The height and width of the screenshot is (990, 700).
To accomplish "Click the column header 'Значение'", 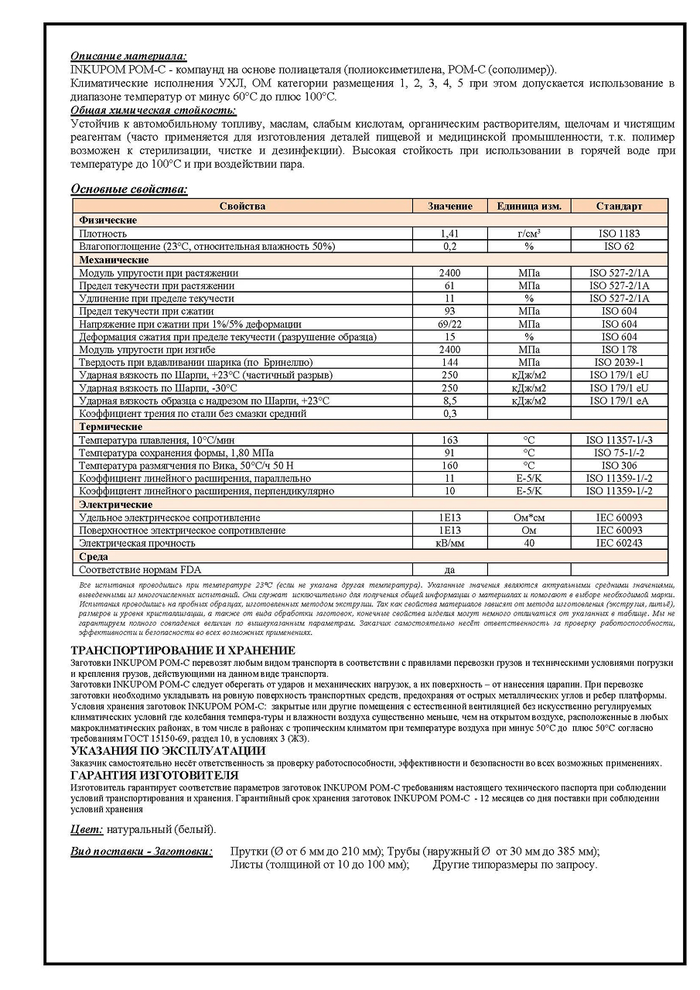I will coord(449,206).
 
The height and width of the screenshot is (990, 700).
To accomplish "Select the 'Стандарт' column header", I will coord(619,206).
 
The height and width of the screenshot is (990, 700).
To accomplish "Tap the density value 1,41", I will coord(449,233).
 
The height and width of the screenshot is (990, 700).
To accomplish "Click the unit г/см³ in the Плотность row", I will coord(529,233).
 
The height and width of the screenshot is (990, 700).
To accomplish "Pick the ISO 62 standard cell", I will coord(619,246).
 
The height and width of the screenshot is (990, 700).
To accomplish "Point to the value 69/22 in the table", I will coord(449,324).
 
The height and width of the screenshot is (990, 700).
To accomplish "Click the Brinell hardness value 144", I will coord(449,362).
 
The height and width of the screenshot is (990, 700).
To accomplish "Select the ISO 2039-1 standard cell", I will coord(619,362).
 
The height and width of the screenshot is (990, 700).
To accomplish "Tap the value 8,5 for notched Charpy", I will coord(449,401).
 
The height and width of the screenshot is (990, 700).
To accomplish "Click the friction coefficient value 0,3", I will coord(449,414).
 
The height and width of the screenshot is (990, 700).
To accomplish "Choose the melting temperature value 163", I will coord(449,440).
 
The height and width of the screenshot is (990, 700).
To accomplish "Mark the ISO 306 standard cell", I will coord(619,466).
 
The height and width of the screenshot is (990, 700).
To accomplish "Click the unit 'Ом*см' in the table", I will coord(529,517).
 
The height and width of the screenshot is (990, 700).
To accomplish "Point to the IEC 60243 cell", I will coord(619,544).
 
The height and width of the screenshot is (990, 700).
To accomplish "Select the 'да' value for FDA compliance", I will coord(449,570).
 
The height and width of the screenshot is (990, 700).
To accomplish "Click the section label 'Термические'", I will coord(111,427).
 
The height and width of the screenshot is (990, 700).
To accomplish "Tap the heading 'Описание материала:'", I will coord(128,56).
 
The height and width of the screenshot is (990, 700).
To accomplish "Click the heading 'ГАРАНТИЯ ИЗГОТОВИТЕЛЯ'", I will coord(155,775).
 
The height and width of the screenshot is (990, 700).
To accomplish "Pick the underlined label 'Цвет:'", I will coord(87,830).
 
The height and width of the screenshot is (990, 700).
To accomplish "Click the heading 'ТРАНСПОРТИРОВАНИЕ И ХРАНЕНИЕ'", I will coord(183,650).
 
